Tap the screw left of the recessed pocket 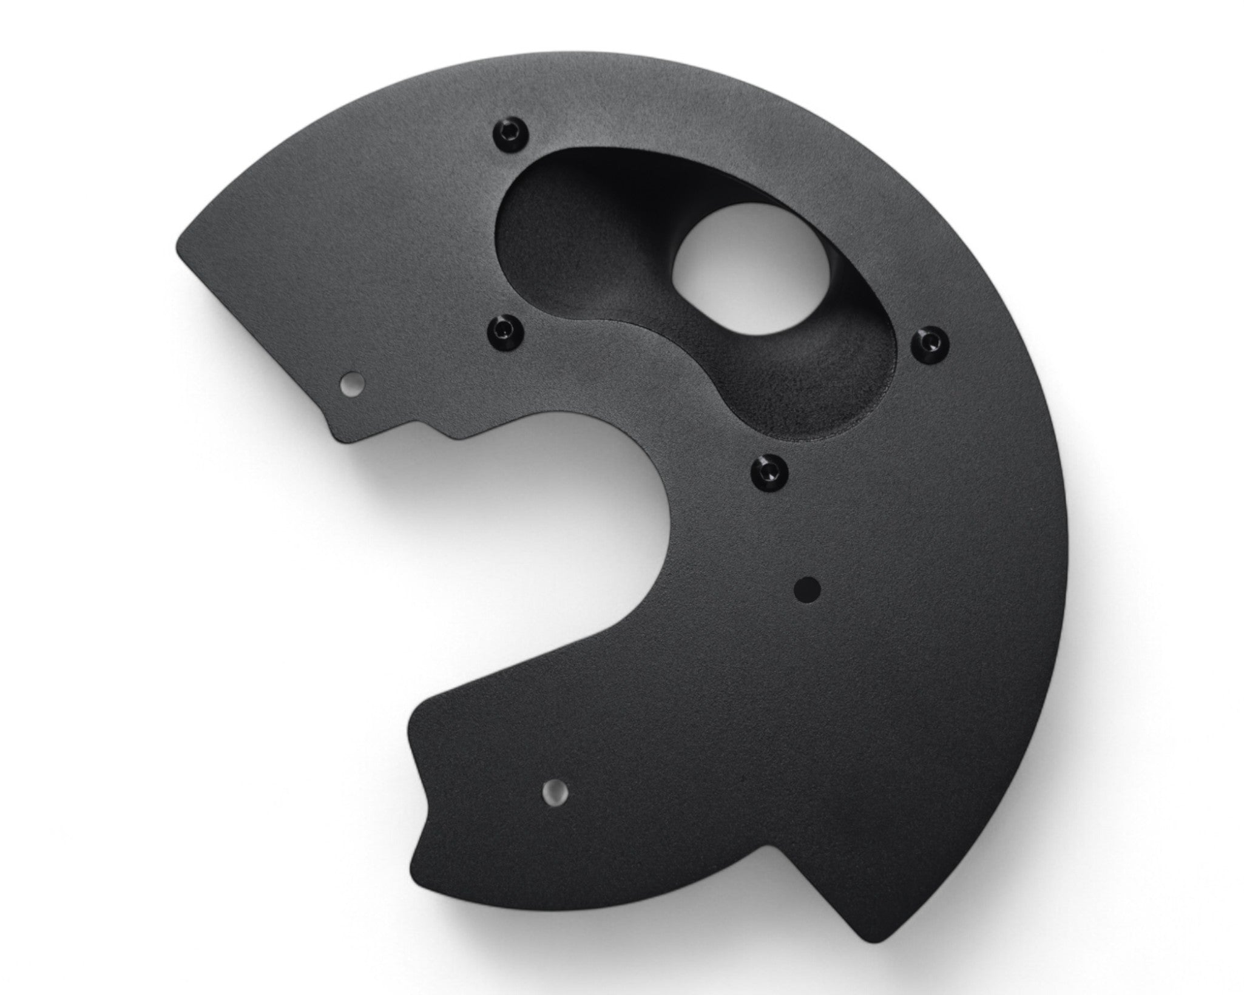pyautogui.click(x=505, y=329)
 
